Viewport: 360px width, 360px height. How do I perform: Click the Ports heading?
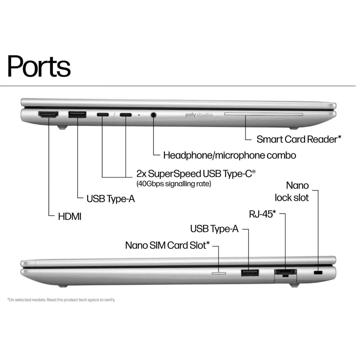click(39, 66)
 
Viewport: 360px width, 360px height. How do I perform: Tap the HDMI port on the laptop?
click(48, 115)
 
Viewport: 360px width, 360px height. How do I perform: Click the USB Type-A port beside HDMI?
click(77, 115)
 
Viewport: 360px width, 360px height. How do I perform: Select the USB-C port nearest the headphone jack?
click(125, 115)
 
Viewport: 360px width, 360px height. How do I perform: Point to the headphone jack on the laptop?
click(153, 115)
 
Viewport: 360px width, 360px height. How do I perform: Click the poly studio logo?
click(199, 115)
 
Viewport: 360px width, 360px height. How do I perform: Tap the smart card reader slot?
click(264, 114)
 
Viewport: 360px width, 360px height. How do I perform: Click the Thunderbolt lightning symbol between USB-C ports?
click(114, 115)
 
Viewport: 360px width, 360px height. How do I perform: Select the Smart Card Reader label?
click(299, 139)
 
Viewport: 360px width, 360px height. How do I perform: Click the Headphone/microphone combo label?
click(230, 155)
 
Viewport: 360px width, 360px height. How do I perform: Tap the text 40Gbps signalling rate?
click(174, 184)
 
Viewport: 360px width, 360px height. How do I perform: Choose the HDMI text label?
click(70, 217)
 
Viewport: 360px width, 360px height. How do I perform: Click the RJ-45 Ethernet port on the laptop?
click(286, 273)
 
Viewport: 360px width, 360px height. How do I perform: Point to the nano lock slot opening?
click(318, 273)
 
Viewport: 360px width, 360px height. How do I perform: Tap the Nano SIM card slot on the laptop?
click(219, 273)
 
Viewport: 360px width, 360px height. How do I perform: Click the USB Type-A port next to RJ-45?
click(250, 273)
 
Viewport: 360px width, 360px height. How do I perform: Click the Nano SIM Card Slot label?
click(167, 245)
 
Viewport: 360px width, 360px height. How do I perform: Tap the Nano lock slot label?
click(292, 192)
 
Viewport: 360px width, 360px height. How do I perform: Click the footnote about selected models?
click(61, 300)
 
